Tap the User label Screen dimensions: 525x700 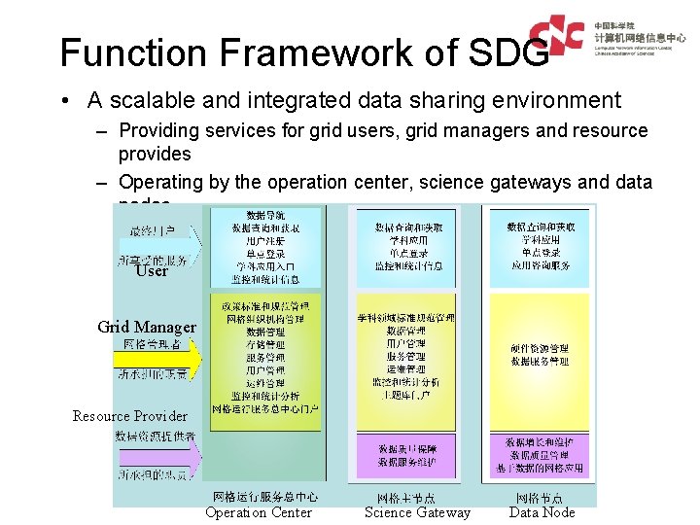point(152,271)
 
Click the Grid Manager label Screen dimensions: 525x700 point(147,327)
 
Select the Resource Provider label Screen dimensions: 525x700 point(130,416)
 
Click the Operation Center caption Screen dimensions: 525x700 point(259,512)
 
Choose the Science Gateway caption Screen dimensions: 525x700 point(417,512)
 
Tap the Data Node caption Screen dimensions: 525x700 point(542,512)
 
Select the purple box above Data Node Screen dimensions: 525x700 point(538,455)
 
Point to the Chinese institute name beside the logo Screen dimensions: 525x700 point(641,35)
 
